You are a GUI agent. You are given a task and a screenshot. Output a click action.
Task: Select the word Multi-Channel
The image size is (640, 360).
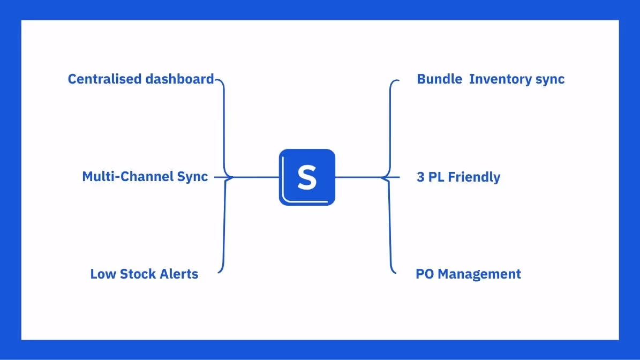click(x=121, y=177)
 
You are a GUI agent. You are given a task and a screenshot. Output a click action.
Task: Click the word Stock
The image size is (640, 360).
click(x=135, y=274)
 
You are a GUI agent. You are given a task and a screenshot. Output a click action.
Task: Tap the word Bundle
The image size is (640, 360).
click(x=439, y=79)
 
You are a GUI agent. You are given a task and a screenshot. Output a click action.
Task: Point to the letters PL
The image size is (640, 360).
click(x=436, y=177)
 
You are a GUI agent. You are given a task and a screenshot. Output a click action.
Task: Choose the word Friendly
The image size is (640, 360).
click(x=474, y=177)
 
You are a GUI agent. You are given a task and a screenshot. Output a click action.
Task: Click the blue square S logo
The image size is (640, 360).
click(x=307, y=177)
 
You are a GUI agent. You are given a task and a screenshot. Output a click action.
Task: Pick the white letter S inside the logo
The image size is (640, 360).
click(x=307, y=177)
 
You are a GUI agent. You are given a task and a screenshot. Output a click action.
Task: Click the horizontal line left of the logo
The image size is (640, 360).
click(x=256, y=177)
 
